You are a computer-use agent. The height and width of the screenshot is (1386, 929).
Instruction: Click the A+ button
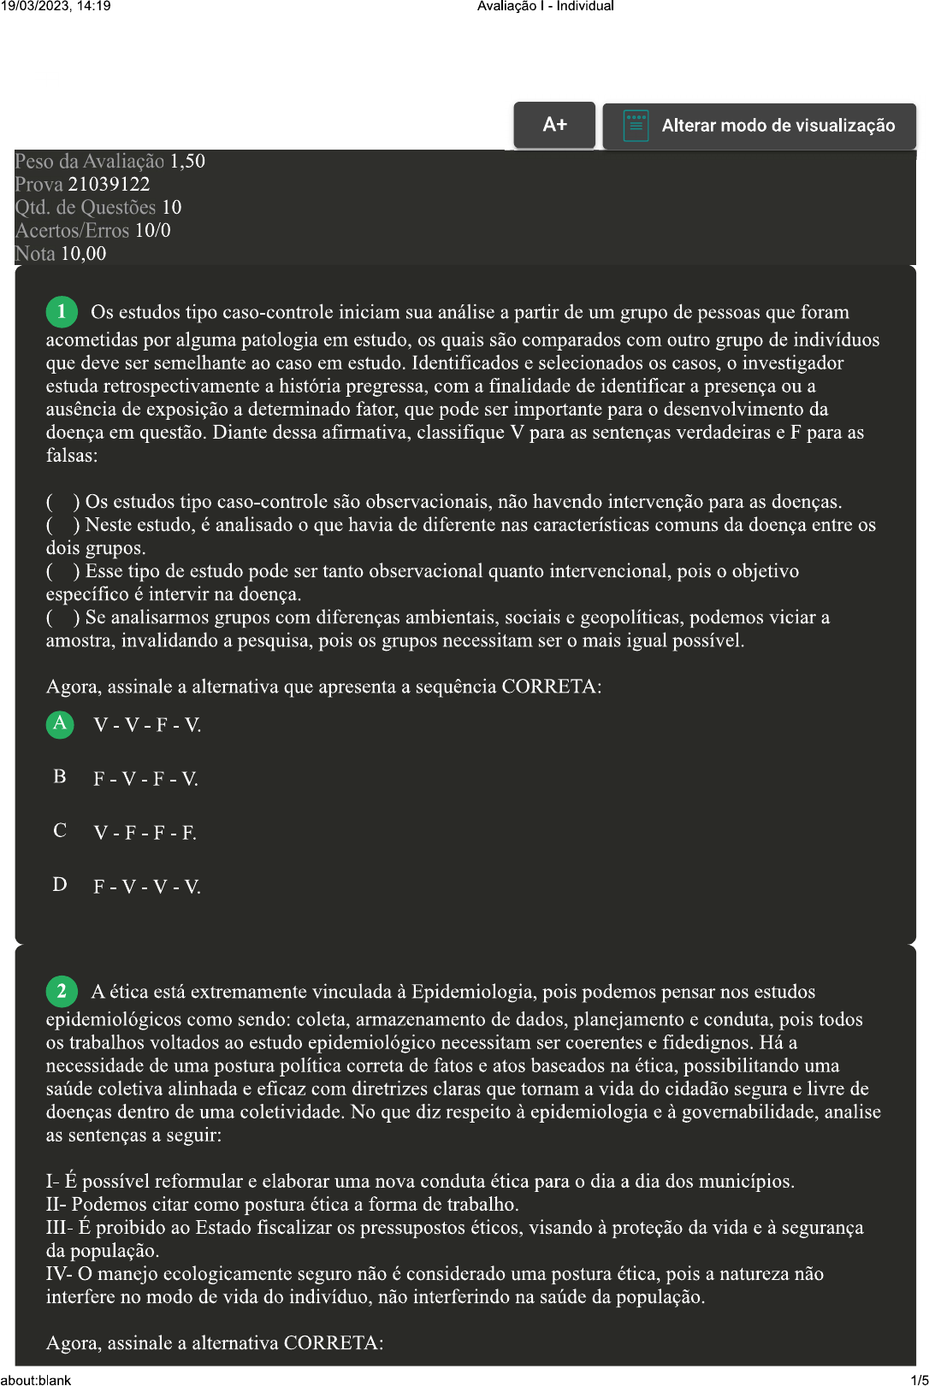click(554, 125)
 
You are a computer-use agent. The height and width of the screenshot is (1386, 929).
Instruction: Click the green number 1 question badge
click(62, 312)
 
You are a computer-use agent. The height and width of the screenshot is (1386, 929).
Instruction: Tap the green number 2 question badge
click(62, 992)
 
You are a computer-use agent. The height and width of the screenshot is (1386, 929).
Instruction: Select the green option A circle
click(60, 724)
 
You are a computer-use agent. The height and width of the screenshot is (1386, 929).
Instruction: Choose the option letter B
click(60, 777)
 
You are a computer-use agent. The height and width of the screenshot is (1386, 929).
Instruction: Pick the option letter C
click(60, 831)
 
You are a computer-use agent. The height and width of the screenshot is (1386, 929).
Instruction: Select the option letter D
click(60, 885)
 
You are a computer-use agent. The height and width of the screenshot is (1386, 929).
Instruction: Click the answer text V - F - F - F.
click(145, 833)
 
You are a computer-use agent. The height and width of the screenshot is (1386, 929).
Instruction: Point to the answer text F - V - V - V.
click(147, 887)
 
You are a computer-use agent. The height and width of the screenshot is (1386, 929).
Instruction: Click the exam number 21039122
click(109, 184)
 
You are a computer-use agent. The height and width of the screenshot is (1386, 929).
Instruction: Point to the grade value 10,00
click(84, 253)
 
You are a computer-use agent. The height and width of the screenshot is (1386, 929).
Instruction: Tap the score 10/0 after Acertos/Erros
click(152, 230)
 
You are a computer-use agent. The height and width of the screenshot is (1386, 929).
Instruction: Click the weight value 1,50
click(187, 161)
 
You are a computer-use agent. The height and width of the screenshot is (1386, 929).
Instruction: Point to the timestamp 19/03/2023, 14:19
click(56, 6)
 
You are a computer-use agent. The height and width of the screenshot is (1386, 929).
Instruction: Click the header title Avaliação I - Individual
click(546, 6)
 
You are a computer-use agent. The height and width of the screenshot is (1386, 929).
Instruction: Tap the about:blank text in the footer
click(36, 1379)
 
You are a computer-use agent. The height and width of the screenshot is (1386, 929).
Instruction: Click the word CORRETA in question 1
click(550, 687)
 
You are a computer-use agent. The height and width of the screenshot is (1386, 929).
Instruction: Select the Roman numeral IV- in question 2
click(59, 1274)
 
